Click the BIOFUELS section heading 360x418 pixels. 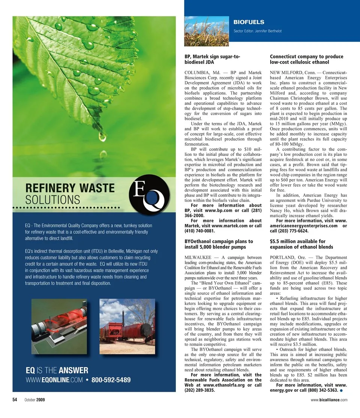click(x=249, y=22)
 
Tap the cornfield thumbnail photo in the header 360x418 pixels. click(x=206, y=31)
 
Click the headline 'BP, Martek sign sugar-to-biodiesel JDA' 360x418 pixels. click(x=212, y=59)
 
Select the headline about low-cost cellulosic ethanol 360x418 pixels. click(x=306, y=59)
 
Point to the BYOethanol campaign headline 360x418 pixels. click(x=219, y=244)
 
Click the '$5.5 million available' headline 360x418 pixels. click(x=301, y=244)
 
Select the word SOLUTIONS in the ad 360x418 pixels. click(x=53, y=199)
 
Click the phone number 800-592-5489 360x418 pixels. click(x=111, y=380)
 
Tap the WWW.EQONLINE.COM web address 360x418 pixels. click(x=53, y=380)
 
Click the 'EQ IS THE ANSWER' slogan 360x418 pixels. click(x=57, y=371)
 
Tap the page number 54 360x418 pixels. click(x=15, y=400)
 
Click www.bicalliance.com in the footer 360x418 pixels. click(x=329, y=400)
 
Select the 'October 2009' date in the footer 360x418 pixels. click(x=35, y=400)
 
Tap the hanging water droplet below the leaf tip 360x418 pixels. click(x=102, y=136)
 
